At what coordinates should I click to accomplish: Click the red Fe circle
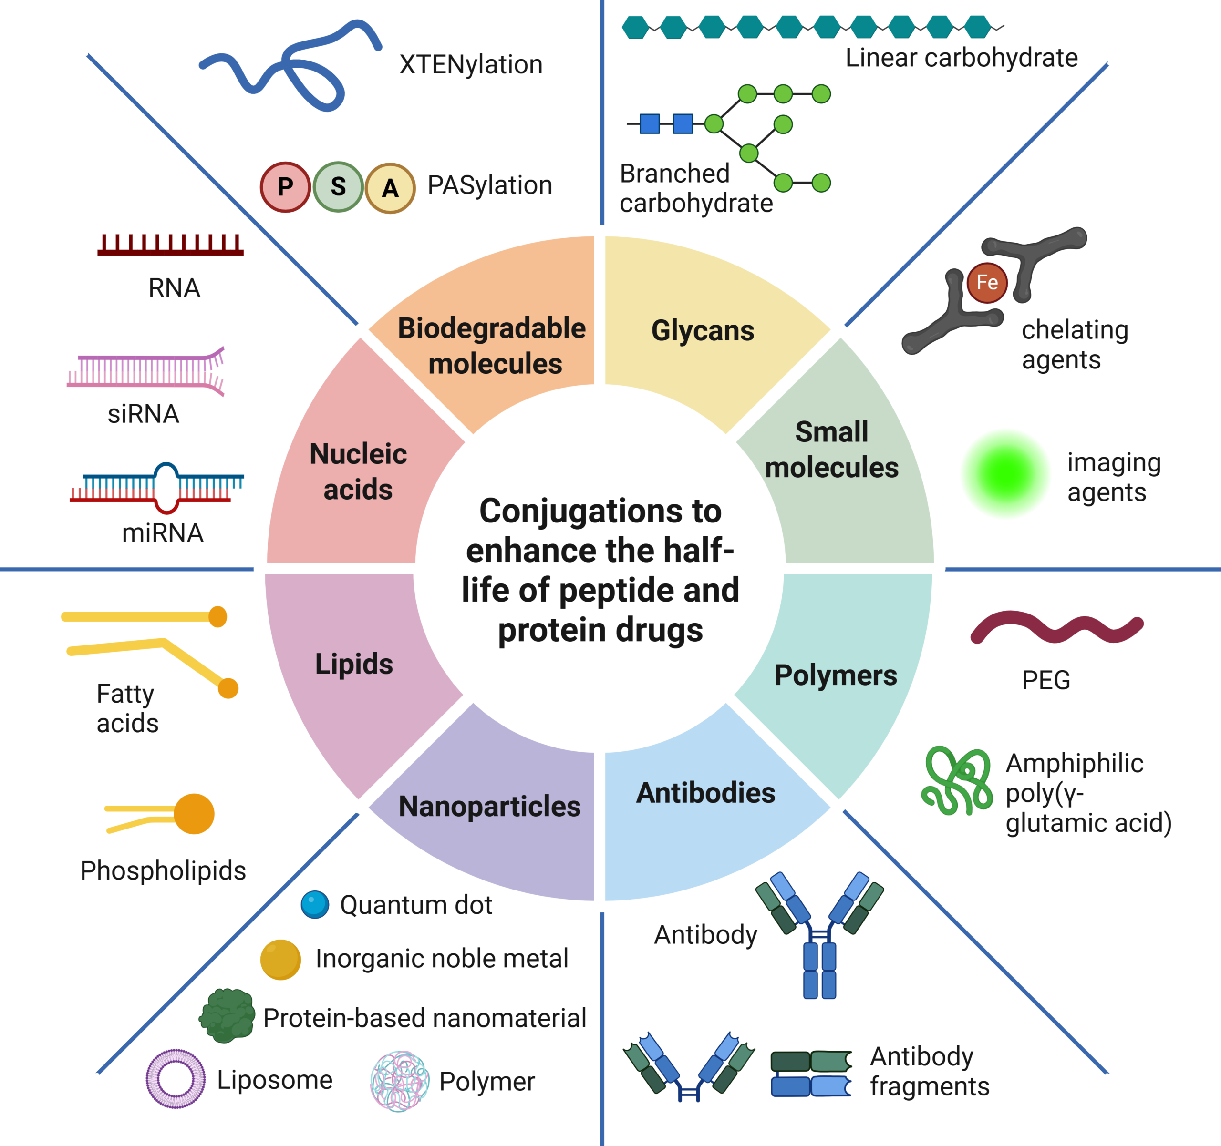point(986,282)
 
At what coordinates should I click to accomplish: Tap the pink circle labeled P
point(285,186)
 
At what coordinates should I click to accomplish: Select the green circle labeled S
point(338,186)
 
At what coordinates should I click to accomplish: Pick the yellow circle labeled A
point(390,188)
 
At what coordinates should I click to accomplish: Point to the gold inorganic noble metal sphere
point(280,959)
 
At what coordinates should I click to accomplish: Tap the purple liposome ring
point(176,1078)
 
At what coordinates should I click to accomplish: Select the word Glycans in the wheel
point(703,331)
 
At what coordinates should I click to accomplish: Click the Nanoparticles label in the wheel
point(489,806)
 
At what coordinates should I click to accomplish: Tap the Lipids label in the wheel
point(354,664)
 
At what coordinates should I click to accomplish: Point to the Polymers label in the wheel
point(835,675)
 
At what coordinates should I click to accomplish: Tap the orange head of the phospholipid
point(194,814)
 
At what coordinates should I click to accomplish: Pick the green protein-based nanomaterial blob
point(227,1015)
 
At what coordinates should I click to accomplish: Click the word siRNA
point(143,414)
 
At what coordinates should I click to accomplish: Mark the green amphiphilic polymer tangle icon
point(956,781)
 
